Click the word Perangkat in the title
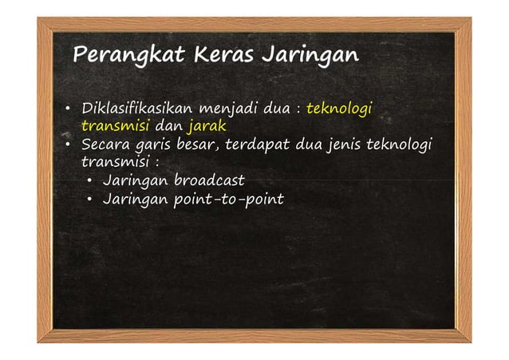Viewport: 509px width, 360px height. coord(120,57)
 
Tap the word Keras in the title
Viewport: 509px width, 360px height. coord(213,57)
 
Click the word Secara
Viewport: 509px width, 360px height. coord(105,145)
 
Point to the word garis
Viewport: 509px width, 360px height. coord(152,146)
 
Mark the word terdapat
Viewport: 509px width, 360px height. coord(258,145)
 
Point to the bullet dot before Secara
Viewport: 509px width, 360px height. coord(69,146)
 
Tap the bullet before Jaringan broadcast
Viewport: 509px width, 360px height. coord(92,180)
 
